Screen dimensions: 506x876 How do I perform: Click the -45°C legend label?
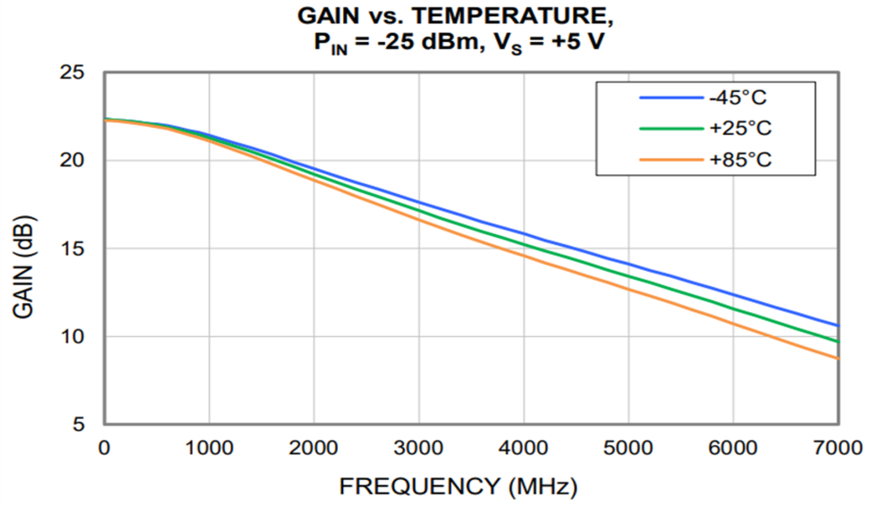pos(740,97)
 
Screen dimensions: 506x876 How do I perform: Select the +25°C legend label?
pos(741,128)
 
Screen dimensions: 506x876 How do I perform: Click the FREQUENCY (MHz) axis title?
pos(458,486)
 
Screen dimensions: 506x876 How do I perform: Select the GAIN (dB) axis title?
pos(25,266)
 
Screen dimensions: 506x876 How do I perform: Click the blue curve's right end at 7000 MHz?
pos(838,325)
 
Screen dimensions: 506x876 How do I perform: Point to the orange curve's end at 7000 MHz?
pos(838,358)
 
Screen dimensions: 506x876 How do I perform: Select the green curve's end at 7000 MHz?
pos(838,342)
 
